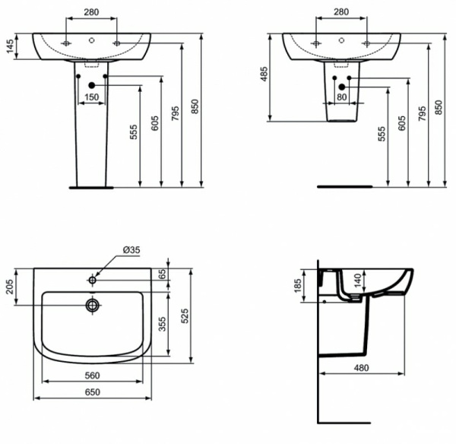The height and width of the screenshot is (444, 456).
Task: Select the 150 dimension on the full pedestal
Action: (x=91, y=97)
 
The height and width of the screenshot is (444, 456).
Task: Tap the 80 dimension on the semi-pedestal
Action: (x=341, y=97)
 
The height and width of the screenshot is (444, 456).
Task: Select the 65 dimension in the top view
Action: (x=160, y=274)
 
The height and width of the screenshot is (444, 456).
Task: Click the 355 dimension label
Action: (x=160, y=324)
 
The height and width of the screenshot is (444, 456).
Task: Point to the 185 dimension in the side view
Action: (x=297, y=287)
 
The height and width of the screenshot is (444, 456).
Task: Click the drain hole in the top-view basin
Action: (x=93, y=306)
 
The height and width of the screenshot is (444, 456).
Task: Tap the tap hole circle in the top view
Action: (x=93, y=281)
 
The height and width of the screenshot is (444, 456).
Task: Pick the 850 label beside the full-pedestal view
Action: (x=195, y=107)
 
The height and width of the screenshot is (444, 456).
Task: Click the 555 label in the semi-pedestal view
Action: (x=382, y=133)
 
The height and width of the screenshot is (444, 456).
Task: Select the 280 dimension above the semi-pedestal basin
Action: (x=341, y=12)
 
